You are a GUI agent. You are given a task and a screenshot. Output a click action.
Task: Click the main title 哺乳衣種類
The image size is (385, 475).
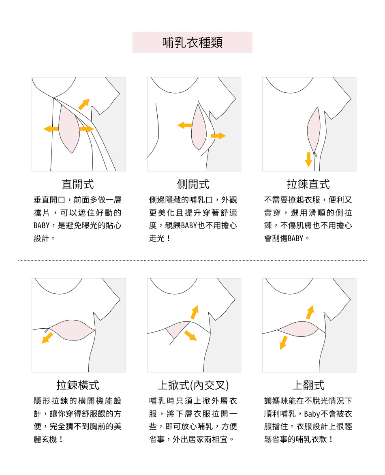pyautogui.click(x=192, y=43)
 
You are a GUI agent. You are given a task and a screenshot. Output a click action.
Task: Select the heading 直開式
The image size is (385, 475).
pyautogui.click(x=78, y=184)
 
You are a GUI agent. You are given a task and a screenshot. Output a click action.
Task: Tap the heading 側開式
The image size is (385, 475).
pyautogui.click(x=193, y=184)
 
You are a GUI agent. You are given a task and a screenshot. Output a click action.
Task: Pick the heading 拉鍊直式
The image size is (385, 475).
pyautogui.click(x=308, y=184)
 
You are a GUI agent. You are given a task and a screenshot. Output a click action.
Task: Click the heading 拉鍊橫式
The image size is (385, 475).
pyautogui.click(x=78, y=385)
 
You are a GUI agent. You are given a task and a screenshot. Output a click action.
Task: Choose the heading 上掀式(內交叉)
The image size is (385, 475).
pyautogui.click(x=193, y=385)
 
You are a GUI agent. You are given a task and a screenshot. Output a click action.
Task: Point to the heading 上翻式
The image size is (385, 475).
pyautogui.click(x=308, y=385)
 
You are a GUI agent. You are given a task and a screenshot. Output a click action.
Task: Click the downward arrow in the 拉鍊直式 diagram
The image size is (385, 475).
pyautogui.click(x=308, y=159)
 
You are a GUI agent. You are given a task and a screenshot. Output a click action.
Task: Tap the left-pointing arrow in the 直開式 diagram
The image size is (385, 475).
pyautogui.click(x=51, y=129)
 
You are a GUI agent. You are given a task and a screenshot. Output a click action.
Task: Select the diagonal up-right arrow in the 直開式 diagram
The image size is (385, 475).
pyautogui.click(x=84, y=104)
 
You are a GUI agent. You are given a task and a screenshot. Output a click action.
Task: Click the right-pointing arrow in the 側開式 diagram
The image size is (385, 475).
pyautogui.click(x=218, y=136)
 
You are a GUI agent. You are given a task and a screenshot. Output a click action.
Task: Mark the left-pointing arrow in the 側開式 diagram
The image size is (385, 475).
pyautogui.click(x=185, y=125)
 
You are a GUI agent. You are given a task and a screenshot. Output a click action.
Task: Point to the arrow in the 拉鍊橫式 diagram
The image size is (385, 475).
pyautogui.click(x=47, y=338)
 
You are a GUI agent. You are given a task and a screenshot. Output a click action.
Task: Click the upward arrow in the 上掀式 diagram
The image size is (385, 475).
pyautogui.click(x=195, y=312)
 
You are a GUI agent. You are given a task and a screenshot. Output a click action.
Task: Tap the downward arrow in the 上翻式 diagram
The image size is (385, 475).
pyautogui.click(x=284, y=342)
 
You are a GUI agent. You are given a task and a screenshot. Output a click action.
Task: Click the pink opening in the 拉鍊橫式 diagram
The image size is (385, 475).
pyautogui.click(x=72, y=330)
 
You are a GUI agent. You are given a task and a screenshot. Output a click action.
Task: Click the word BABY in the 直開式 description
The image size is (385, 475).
pyautogui.click(x=41, y=226)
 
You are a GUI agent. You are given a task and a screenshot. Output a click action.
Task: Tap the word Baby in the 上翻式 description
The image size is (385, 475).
pyautogui.click(x=312, y=414)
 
